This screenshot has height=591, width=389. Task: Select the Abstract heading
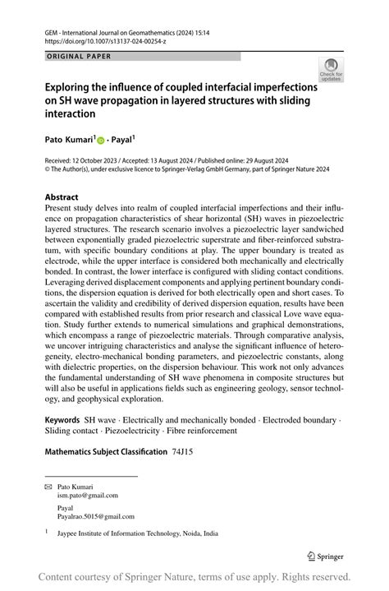pyautogui.click(x=62, y=197)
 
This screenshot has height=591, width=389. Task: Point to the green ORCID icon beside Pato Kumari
pyautogui.click(x=102, y=141)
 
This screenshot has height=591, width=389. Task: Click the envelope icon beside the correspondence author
pyautogui.click(x=48, y=487)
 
